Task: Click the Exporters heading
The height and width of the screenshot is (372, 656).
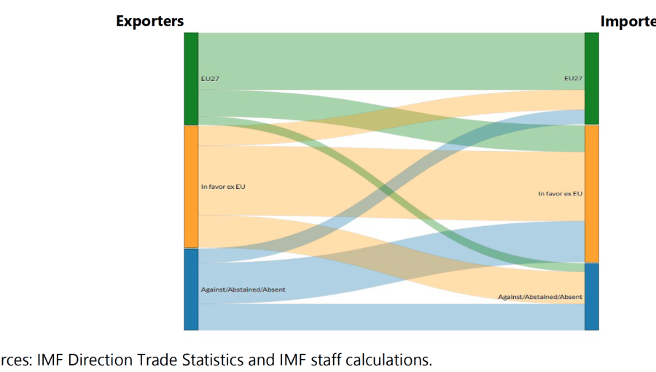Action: tap(149, 21)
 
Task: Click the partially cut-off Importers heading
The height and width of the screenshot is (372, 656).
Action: tap(628, 21)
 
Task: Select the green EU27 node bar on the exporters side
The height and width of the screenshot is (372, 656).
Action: tap(191, 78)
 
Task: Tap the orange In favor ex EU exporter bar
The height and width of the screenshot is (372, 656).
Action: tap(191, 187)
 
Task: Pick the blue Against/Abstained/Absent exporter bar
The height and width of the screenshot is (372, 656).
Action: tap(191, 290)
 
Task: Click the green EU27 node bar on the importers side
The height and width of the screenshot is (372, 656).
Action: tap(591, 78)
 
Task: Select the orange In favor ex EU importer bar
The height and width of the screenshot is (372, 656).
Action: tap(591, 194)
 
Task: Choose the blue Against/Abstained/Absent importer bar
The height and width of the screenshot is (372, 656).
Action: tap(591, 297)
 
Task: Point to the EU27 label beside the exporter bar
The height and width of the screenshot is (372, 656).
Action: tap(210, 78)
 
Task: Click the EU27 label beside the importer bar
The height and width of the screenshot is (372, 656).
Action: tap(573, 78)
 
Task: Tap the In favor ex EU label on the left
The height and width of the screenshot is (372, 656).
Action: tap(223, 187)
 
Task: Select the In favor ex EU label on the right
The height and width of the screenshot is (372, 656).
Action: tap(560, 194)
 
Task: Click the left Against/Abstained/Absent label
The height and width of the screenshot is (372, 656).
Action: tap(243, 290)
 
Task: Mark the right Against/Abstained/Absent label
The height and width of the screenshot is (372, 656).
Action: tap(540, 297)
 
